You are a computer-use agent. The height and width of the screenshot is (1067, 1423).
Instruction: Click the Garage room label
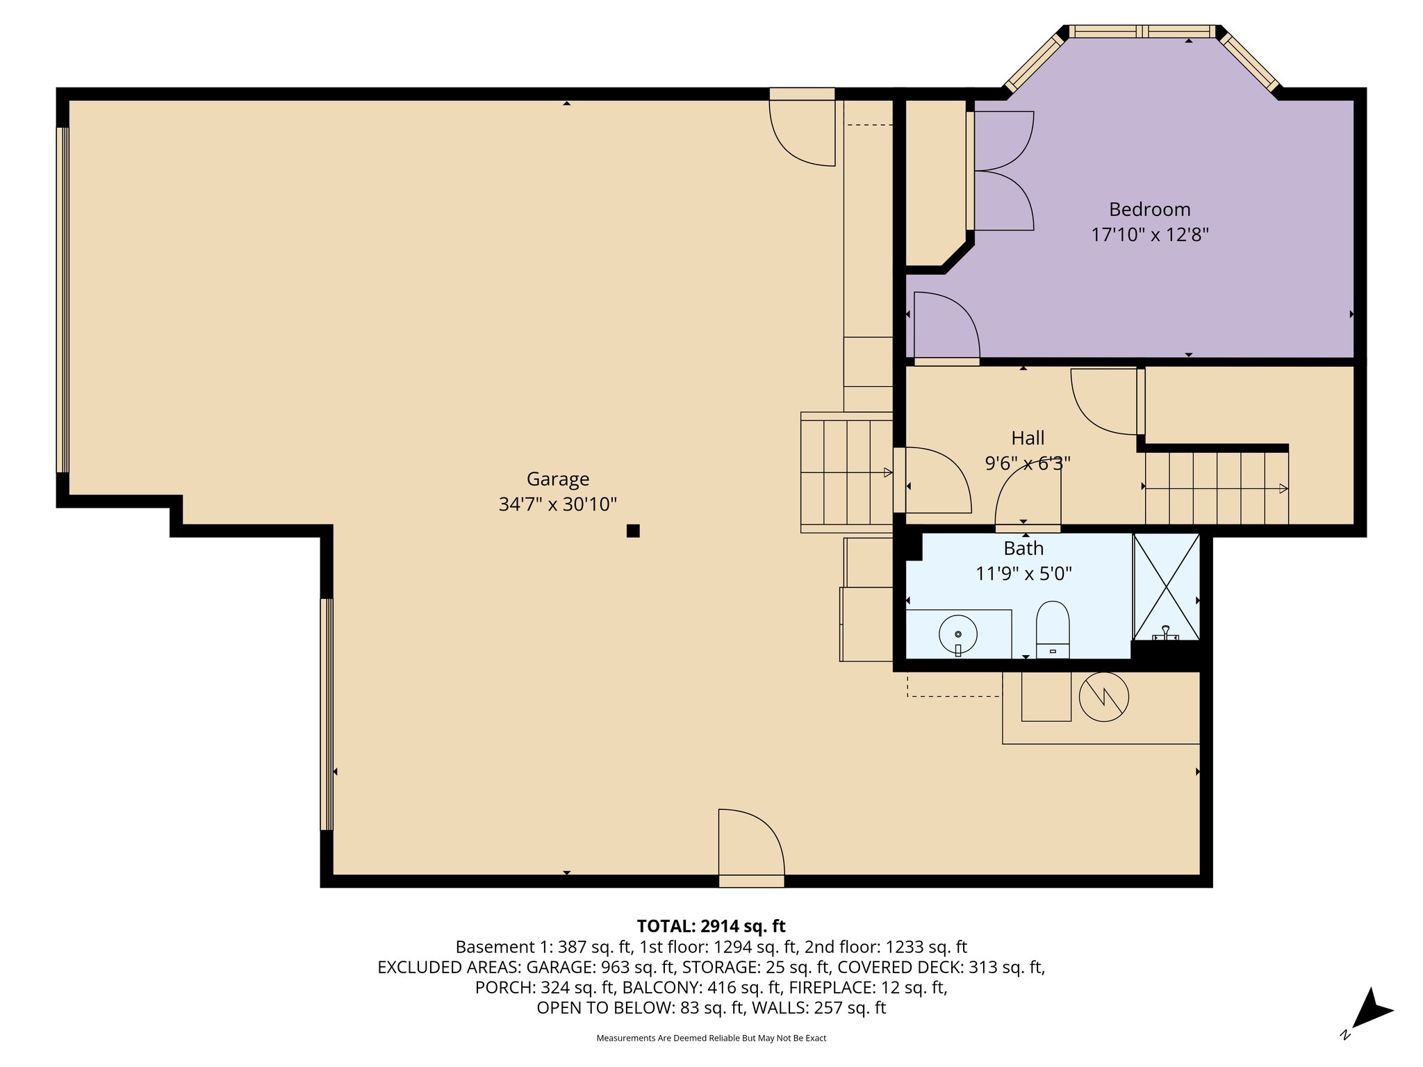[x=557, y=479]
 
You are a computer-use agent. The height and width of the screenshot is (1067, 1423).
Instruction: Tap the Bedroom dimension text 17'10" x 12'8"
[x=1149, y=235]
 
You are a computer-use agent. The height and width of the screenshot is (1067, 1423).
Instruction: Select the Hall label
[x=1027, y=438]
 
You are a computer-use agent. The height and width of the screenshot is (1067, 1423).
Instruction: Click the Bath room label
[x=1023, y=549]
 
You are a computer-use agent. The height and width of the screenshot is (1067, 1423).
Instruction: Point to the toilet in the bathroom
[x=1052, y=629]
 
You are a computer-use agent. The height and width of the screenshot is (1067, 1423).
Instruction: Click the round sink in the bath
[x=957, y=634]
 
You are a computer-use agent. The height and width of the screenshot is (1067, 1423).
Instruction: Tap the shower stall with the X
[x=1166, y=586]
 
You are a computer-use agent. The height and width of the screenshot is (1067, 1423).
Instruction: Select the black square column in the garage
[x=632, y=531]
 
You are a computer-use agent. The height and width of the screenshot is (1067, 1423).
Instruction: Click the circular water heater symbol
[x=1103, y=697]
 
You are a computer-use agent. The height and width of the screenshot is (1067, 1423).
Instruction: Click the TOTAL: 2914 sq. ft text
[x=711, y=926]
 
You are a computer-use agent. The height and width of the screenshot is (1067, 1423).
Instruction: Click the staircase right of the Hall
[x=1216, y=488]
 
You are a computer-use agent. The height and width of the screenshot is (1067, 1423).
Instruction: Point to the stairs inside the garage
[x=846, y=472]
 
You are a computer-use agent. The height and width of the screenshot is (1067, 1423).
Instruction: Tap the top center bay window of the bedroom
[x=1142, y=31]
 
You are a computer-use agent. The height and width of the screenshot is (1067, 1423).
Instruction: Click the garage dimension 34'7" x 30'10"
[x=557, y=504]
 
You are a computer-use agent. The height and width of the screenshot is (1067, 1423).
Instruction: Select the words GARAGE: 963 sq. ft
[x=600, y=968]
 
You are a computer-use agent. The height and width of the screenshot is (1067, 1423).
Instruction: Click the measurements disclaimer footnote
[x=711, y=1038]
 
